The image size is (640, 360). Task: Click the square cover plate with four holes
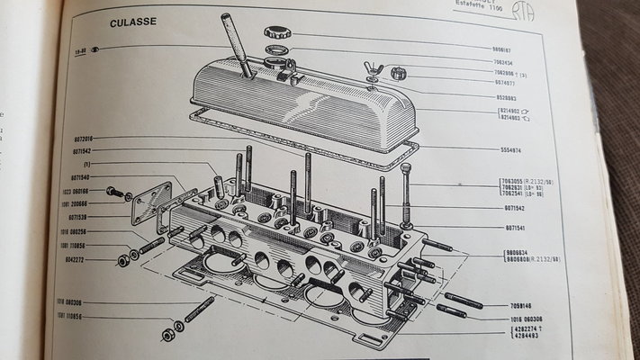(151, 204)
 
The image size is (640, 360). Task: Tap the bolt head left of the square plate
(114, 192)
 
